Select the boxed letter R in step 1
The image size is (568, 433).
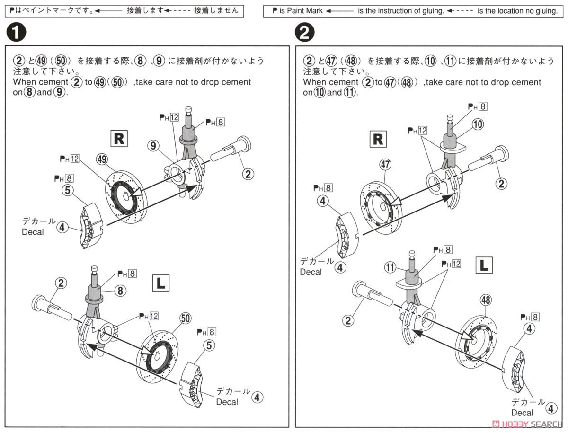[x=118, y=138]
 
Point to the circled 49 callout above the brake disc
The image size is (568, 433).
[x=101, y=159]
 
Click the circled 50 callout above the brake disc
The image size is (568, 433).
[x=185, y=318]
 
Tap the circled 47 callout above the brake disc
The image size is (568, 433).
[x=384, y=164]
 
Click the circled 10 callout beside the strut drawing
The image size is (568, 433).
[x=478, y=124]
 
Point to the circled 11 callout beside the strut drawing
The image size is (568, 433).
[x=390, y=268]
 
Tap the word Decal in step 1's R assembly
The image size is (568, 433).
[x=32, y=232]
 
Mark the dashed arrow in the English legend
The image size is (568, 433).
[x=460, y=11]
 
